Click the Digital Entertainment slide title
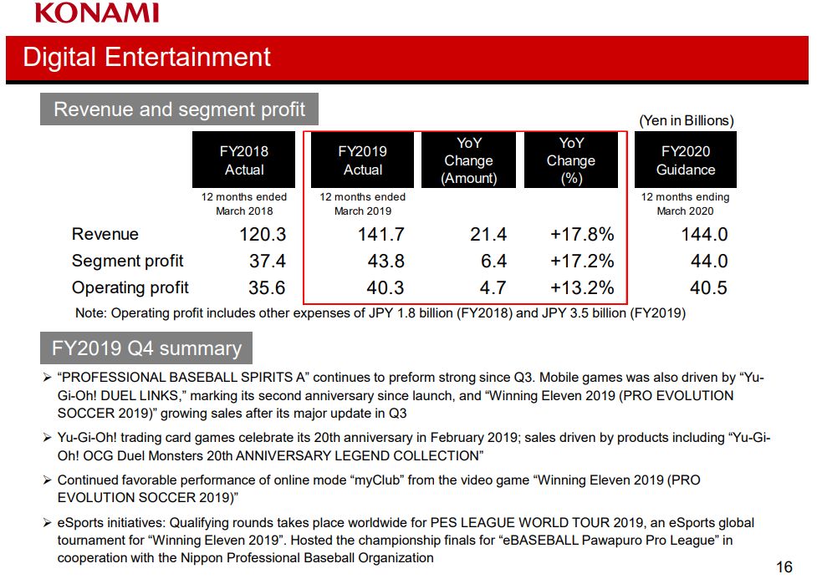pos(147,57)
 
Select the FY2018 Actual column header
pos(244,160)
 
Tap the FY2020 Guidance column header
pos(686,160)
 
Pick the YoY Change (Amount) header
pos(468,160)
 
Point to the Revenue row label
pos(105,234)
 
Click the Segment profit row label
pos(127,261)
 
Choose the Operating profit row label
pos(130,287)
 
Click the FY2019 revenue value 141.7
pos(380,235)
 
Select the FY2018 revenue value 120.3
pos(263,235)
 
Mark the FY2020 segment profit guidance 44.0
pos(708,262)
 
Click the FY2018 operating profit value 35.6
pos(267,288)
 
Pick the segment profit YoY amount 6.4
pos(493,262)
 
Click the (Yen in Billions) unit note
pos(686,120)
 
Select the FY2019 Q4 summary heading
pos(146,348)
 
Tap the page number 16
pos(784,567)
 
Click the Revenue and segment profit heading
pos(179,109)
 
